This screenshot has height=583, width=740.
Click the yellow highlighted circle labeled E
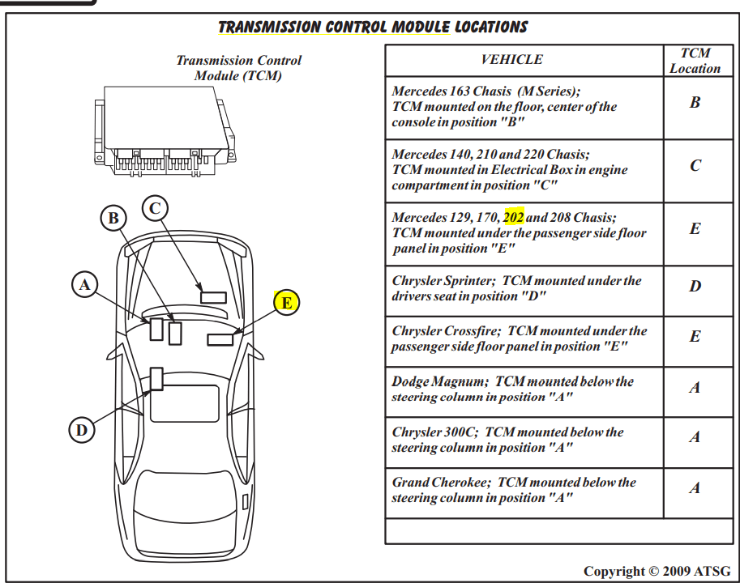click(286, 303)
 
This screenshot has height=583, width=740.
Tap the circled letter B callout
click(114, 217)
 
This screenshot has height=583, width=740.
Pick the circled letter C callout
click(156, 208)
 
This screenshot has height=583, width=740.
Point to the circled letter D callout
click(81, 430)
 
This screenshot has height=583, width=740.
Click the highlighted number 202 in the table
click(514, 218)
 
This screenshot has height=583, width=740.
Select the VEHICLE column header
click(511, 59)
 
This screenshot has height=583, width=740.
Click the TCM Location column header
click(695, 61)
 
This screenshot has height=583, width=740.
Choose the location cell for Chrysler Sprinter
click(695, 287)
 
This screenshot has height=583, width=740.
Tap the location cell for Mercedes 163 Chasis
click(695, 104)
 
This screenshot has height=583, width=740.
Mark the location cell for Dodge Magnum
click(695, 388)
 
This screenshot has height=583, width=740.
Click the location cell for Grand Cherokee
click(695, 488)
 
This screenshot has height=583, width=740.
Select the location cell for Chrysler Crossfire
click(695, 337)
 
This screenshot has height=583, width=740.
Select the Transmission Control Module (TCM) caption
click(238, 68)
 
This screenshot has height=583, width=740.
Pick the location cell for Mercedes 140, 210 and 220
click(695, 166)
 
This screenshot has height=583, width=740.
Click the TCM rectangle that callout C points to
click(214, 296)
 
